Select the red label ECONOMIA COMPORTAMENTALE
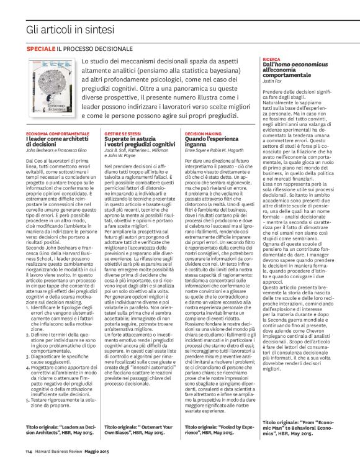click(x=54, y=134)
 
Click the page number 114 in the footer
click(x=29, y=451)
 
